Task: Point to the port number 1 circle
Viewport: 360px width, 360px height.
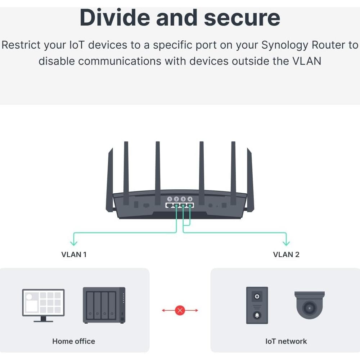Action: click(x=170, y=199)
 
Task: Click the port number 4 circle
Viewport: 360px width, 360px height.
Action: click(x=190, y=199)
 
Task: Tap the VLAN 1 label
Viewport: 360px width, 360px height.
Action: click(x=74, y=255)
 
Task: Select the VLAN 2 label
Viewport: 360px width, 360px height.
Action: click(x=286, y=255)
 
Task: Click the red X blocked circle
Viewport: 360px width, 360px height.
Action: click(x=180, y=310)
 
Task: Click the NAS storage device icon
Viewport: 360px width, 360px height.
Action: click(x=104, y=305)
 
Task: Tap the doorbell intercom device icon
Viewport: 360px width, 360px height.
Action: click(x=257, y=305)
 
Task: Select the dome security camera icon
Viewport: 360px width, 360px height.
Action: click(x=309, y=306)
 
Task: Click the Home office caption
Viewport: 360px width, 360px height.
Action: click(x=73, y=341)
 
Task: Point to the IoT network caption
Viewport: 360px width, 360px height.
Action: click(x=286, y=341)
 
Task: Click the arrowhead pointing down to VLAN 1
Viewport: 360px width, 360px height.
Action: click(x=74, y=243)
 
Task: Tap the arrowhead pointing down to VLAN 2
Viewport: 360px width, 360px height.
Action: click(x=286, y=243)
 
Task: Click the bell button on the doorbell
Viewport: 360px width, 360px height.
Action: click(x=257, y=316)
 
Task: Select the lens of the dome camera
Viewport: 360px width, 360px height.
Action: click(x=309, y=309)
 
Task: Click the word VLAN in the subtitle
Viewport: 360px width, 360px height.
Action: click(x=306, y=61)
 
